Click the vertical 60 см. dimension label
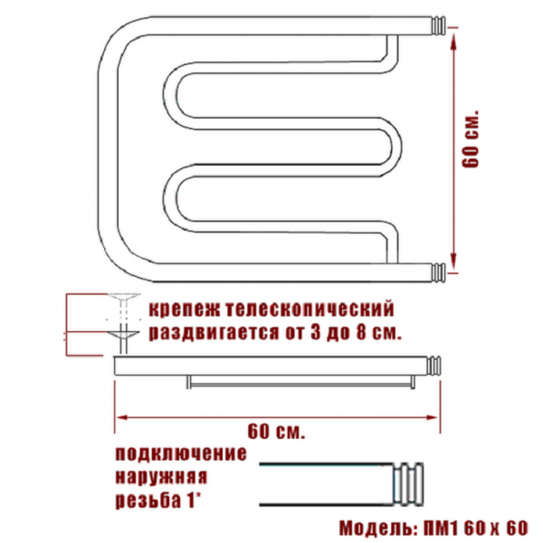(471, 139)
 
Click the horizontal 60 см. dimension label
(276, 431)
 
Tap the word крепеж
(185, 310)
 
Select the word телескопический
(310, 310)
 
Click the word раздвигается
(214, 332)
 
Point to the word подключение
(181, 454)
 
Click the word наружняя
(161, 477)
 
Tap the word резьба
(148, 500)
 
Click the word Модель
(379, 529)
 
